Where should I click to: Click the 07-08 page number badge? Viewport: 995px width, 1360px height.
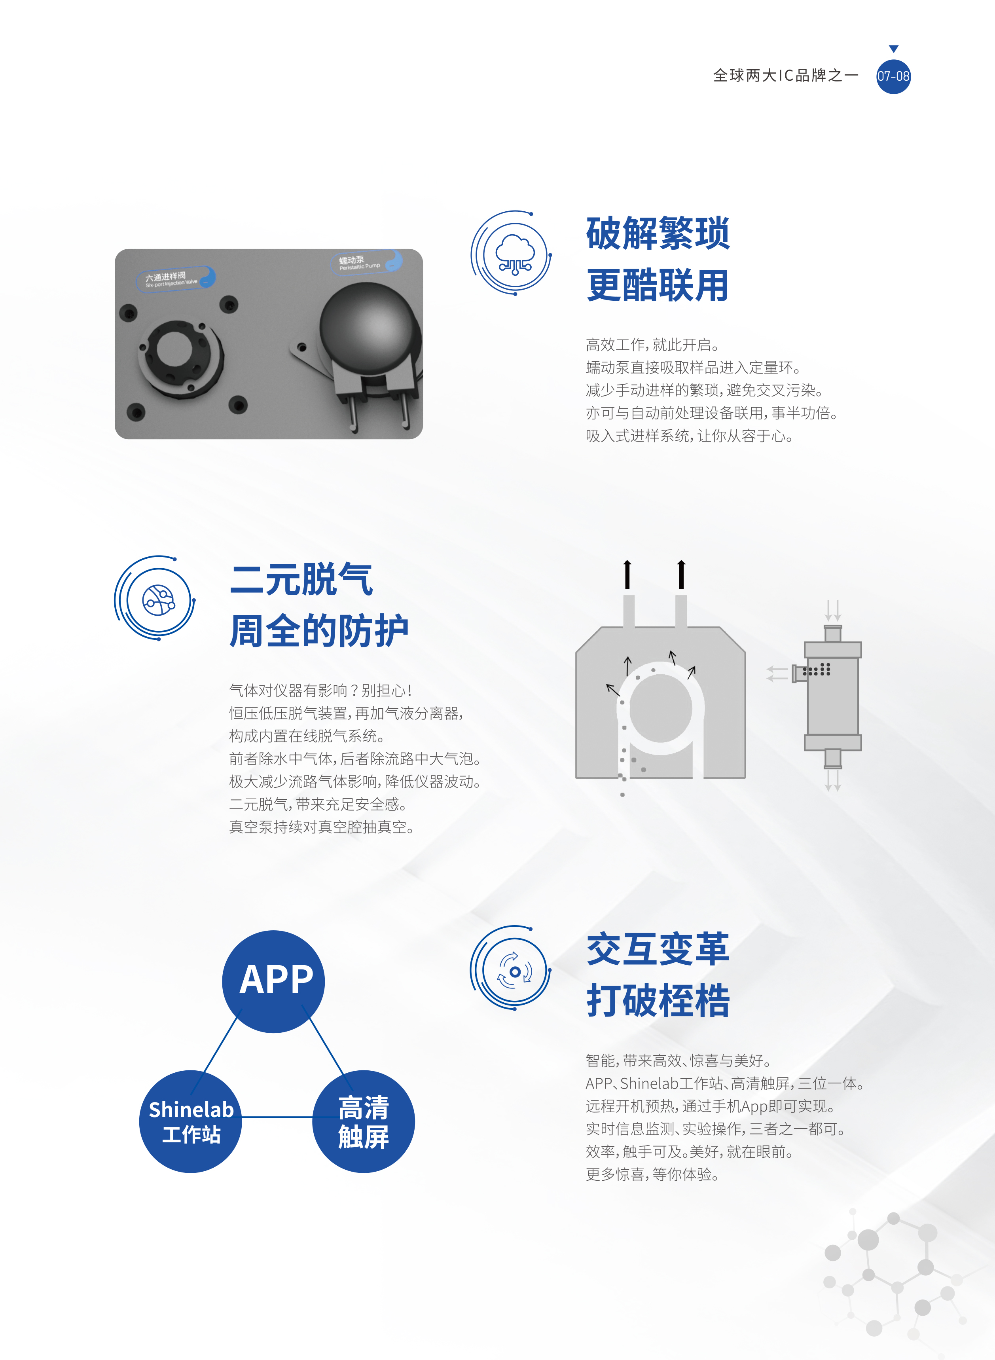pos(893,76)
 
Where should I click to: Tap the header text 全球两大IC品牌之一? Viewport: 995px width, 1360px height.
pos(785,75)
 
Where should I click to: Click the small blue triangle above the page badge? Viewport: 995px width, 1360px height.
pos(894,49)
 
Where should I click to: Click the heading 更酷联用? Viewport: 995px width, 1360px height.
pos(658,285)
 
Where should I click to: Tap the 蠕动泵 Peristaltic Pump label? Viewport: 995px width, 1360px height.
pos(366,262)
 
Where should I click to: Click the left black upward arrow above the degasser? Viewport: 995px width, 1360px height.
pos(627,574)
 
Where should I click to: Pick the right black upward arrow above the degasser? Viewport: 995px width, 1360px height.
pos(681,574)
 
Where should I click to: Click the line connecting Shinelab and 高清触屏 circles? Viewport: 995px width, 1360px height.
pos(277,1117)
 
